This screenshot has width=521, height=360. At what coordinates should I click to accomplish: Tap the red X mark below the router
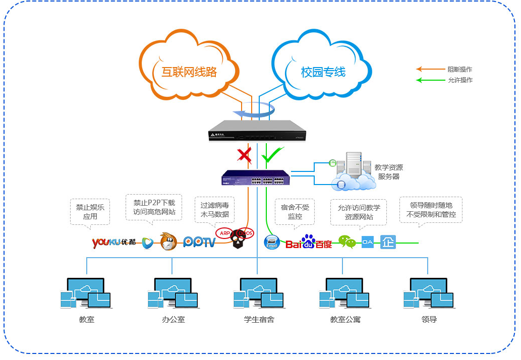245,156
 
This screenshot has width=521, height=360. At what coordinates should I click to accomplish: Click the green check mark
272,155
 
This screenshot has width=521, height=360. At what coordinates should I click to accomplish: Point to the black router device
250,131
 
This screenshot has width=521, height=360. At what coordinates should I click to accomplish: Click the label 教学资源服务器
389,172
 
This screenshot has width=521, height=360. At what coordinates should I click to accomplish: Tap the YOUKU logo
114,243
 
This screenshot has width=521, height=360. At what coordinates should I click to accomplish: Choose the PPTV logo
199,243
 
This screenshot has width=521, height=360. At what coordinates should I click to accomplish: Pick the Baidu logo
309,243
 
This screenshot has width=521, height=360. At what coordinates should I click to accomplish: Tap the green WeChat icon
347,242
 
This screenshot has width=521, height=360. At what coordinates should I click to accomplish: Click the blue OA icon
368,242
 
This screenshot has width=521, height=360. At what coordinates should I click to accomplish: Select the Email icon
272,243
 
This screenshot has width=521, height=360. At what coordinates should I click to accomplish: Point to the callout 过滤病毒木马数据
214,210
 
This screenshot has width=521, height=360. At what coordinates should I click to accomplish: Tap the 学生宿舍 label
259,320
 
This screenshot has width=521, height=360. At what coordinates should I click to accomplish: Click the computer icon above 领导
428,293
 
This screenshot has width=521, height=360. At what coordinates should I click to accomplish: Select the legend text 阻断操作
459,70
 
